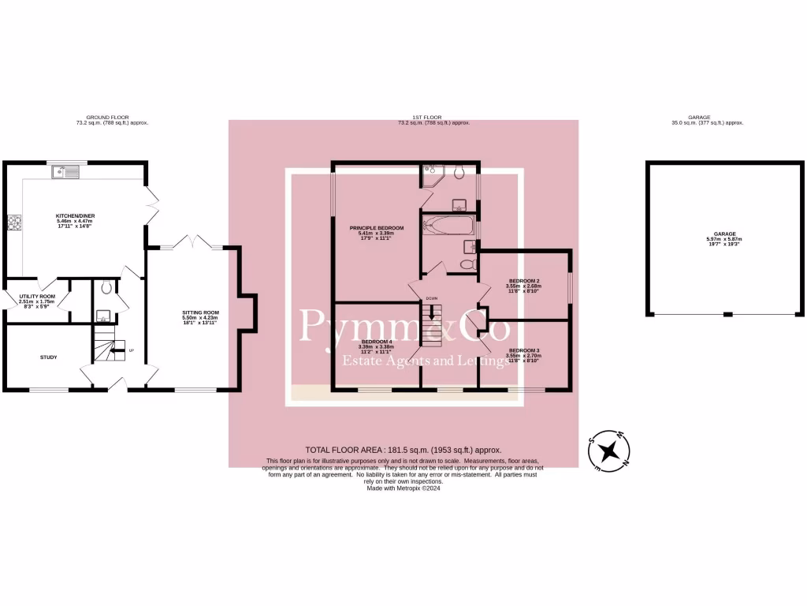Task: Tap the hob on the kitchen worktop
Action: (x=13, y=222)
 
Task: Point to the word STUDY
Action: (x=48, y=357)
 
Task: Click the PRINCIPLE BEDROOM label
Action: (x=377, y=228)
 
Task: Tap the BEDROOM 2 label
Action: (x=524, y=281)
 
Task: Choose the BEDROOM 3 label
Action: (x=524, y=350)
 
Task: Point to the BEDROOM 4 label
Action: (x=375, y=341)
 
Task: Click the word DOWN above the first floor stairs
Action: (x=431, y=299)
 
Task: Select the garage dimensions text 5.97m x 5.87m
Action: (x=725, y=239)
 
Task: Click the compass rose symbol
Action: (x=608, y=451)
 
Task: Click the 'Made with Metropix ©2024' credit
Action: (x=403, y=488)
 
